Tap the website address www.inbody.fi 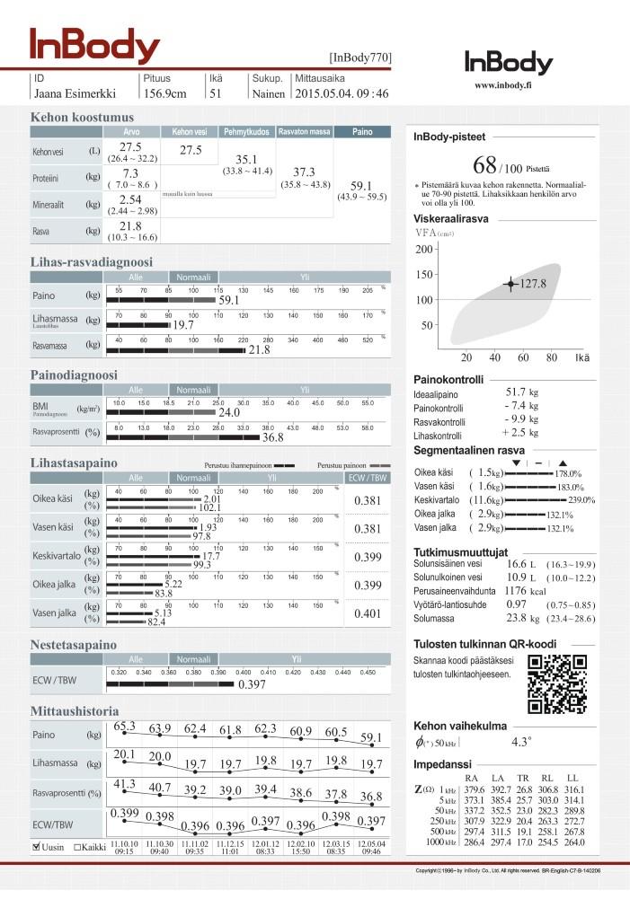pyautogui.click(x=508, y=86)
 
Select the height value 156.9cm pyautogui.click(x=164, y=93)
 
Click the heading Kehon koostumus pyautogui.click(x=82, y=117)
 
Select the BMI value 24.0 pyautogui.click(x=229, y=412)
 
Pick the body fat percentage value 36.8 pyautogui.click(x=272, y=437)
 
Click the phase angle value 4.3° pyautogui.click(x=521, y=743)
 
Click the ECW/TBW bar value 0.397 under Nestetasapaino pyautogui.click(x=252, y=685)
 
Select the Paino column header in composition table pyautogui.click(x=362, y=132)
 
